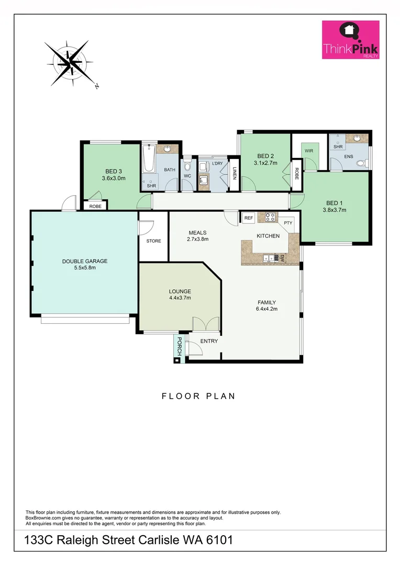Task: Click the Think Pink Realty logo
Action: point(350,40)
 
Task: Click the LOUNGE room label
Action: point(180,291)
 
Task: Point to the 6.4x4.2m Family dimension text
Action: point(266,309)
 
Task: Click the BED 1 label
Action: point(336,203)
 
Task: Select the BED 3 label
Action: point(114,171)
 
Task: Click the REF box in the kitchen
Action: point(248,218)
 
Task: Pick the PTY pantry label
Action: point(288,223)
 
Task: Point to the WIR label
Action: point(308,151)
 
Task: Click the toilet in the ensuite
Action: point(361,164)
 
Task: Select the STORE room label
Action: point(153,241)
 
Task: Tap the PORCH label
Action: point(179,346)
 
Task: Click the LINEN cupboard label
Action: point(235,173)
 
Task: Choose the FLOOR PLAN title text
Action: point(198,396)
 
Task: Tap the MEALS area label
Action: point(198,233)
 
